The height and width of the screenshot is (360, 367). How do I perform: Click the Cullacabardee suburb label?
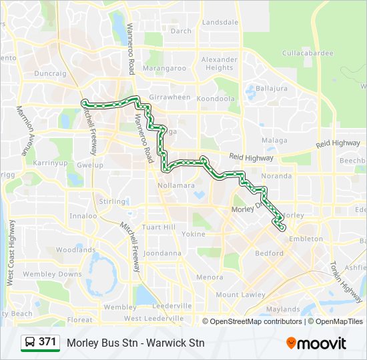coord(307,52)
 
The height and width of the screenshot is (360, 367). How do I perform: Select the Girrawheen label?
coord(169,97)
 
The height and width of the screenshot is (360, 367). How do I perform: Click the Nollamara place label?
coord(175,185)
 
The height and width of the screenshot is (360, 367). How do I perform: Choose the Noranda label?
coord(277,176)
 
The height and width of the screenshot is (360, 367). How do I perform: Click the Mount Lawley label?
coord(240,295)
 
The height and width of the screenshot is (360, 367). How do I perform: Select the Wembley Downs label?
coord(52,274)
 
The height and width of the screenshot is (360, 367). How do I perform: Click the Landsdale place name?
coord(220,22)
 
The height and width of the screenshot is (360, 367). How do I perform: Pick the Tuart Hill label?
coord(160,227)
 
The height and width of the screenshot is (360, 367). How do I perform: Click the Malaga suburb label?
coord(274,141)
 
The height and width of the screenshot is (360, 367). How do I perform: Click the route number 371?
coord(47,343)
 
